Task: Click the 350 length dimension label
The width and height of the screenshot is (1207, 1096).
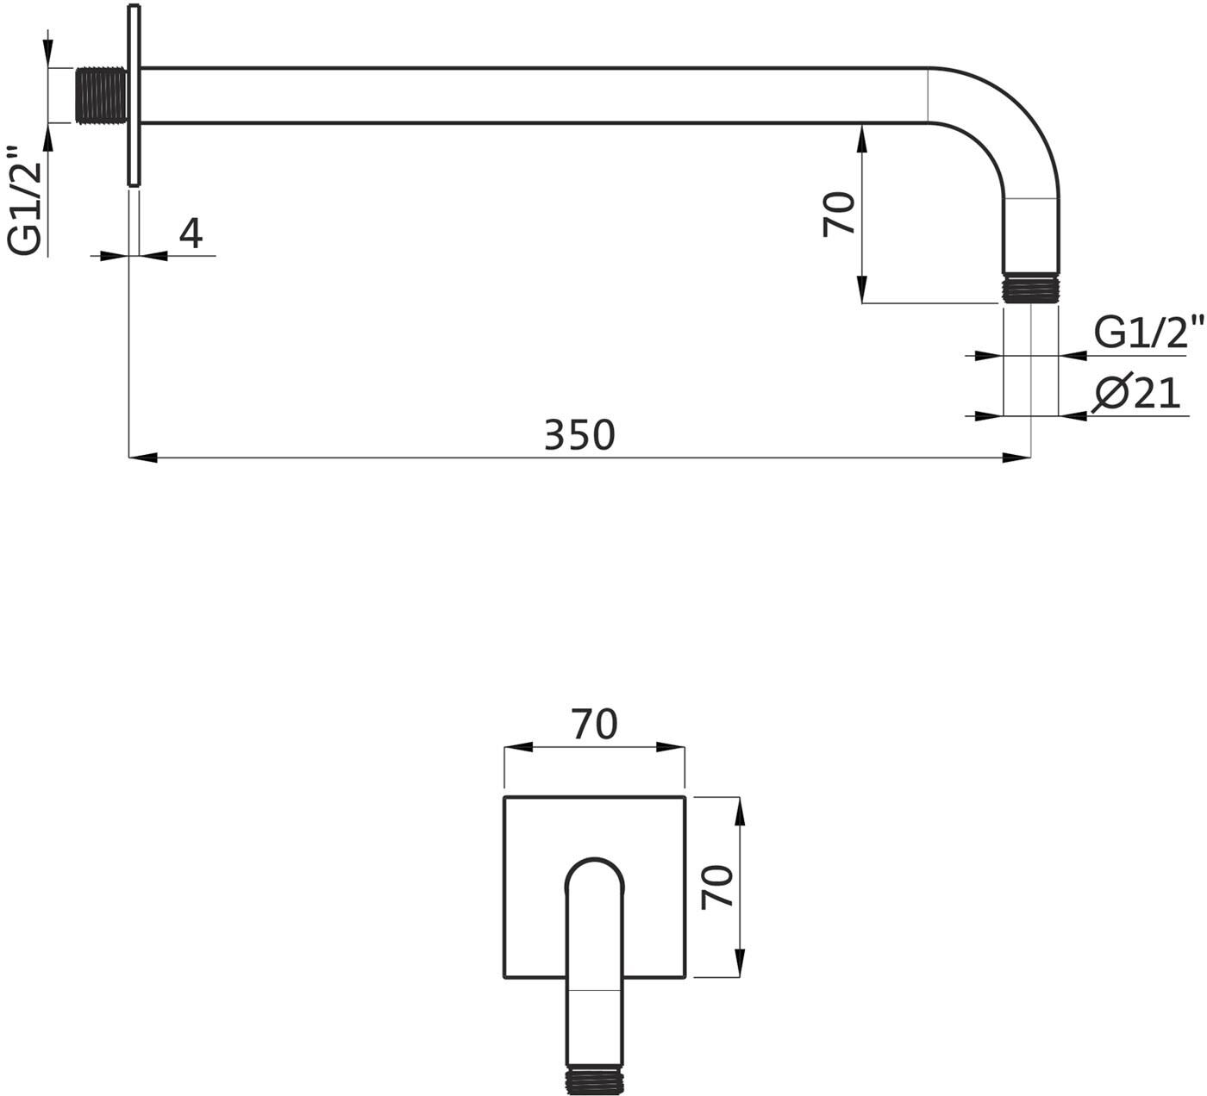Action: [579, 434]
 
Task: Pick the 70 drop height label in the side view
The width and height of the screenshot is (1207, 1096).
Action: [839, 214]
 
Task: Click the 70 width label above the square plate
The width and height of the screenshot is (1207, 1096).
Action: [594, 725]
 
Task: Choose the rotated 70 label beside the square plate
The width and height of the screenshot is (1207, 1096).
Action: [717, 887]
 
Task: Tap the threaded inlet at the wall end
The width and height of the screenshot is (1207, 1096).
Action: [101, 96]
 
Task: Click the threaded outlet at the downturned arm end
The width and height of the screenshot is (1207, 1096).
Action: [1031, 288]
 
